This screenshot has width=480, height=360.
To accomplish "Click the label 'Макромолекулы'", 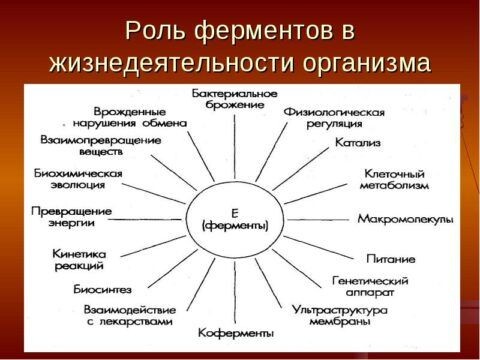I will (x=405, y=218).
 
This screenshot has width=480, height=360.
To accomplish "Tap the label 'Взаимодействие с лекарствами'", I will (x=129, y=316).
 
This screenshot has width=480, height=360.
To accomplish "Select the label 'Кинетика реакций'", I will (x=79, y=260).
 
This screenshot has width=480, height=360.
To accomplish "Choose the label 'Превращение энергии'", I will (x=71, y=218).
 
